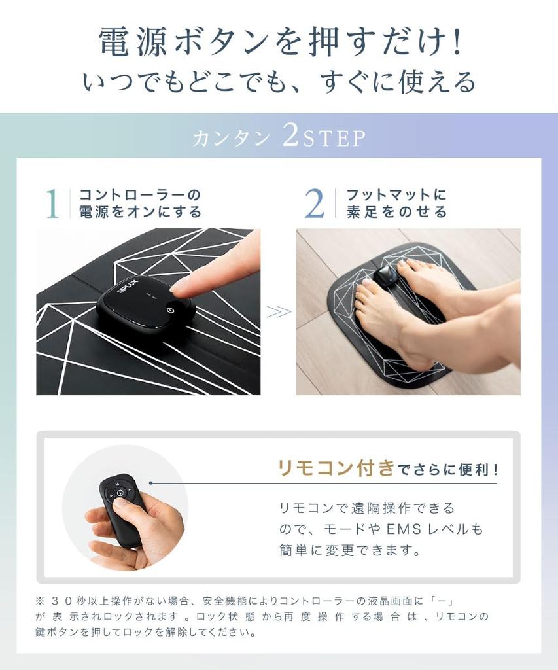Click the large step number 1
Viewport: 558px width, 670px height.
point(52,204)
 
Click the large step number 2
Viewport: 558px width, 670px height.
point(315,204)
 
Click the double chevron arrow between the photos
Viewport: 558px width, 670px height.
point(279,312)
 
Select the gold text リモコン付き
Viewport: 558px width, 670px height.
point(336,468)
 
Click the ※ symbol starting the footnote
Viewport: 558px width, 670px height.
point(40,600)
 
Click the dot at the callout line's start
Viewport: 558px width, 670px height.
point(151,483)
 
